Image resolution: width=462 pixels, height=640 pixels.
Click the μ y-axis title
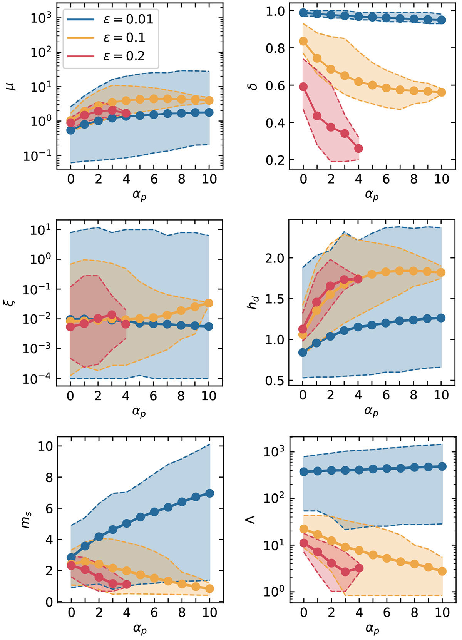point(13,85)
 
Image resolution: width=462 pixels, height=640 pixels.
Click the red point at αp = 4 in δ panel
point(358,149)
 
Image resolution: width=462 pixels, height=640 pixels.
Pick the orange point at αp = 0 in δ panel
point(303,41)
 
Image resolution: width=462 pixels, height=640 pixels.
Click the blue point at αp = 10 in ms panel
point(209,493)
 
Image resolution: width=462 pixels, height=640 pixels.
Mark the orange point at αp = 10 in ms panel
point(209,589)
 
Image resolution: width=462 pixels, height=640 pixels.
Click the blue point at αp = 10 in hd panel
point(441,318)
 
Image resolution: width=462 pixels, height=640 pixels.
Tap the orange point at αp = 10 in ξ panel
point(209,303)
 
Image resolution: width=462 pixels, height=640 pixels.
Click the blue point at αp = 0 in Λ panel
point(304,471)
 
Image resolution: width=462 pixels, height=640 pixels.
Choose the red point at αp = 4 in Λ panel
point(359,568)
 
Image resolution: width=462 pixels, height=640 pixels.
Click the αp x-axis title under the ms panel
point(140,630)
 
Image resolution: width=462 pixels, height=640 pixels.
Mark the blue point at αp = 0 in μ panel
point(71,130)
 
